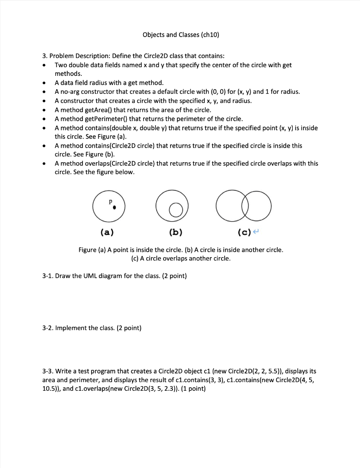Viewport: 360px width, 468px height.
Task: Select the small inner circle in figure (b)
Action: [x=175, y=210]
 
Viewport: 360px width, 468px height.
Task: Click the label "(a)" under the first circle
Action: [x=107, y=232]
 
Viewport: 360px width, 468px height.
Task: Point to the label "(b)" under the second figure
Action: [x=175, y=232]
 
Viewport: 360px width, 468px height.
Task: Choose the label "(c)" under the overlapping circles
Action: [x=244, y=232]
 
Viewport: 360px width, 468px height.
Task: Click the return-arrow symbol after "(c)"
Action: [x=256, y=233]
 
